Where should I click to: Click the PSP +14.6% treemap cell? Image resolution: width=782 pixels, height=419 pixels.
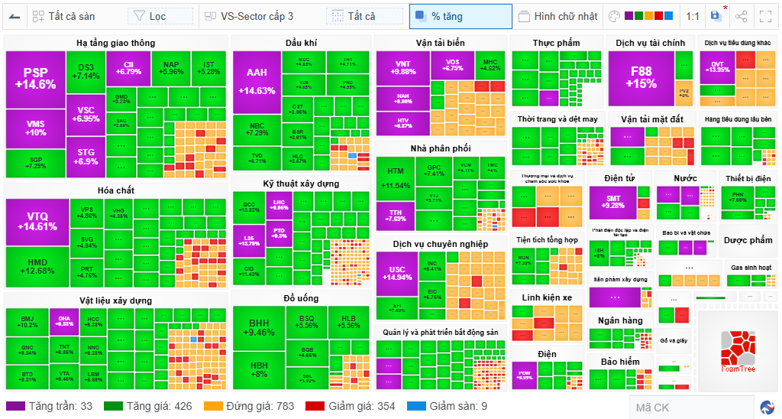point(35,79)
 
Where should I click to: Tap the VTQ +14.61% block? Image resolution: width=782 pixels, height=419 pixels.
point(37,222)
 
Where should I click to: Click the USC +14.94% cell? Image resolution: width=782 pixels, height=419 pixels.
point(397,274)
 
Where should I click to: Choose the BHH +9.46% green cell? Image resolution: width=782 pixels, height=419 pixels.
point(258,327)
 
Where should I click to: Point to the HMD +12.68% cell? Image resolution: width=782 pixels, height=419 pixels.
point(37,266)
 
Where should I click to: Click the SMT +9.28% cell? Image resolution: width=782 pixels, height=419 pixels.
point(613,202)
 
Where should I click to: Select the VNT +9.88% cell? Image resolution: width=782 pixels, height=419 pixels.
point(402,67)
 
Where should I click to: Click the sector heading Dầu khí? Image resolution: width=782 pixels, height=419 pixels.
point(301,43)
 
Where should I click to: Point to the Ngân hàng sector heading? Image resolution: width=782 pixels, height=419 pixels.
point(620,320)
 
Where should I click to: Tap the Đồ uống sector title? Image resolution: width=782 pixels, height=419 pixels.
point(301,298)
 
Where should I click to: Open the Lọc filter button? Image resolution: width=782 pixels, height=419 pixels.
point(160,16)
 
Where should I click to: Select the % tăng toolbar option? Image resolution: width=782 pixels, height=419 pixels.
point(460,16)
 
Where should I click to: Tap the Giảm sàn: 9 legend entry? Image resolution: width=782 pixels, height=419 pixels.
point(448,406)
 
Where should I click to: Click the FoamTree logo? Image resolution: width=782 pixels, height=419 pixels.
point(737,350)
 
